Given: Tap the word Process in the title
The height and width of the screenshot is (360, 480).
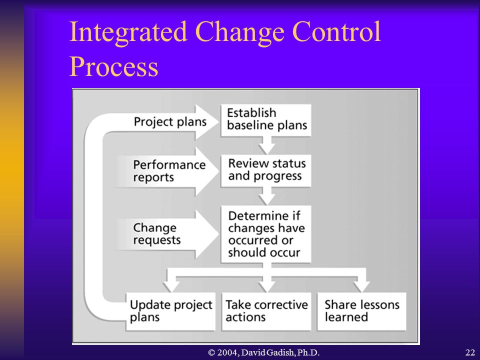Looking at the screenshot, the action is (x=114, y=66).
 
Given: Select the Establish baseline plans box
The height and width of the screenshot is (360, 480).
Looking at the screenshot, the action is (x=265, y=120).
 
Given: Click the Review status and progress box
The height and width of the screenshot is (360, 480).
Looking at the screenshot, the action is (x=265, y=171).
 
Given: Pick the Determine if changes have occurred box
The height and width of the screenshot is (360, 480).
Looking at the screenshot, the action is (x=265, y=234).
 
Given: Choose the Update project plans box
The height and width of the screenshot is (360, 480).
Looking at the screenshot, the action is (x=171, y=311).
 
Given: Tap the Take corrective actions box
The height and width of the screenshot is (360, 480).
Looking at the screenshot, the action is (x=266, y=311).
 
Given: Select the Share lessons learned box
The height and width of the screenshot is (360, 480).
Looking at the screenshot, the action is (x=362, y=311).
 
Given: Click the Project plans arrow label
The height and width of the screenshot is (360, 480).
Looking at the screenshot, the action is (x=170, y=122).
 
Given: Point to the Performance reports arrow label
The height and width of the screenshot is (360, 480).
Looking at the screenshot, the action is (x=169, y=171).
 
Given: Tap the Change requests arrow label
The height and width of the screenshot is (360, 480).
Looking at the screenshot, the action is (x=157, y=233).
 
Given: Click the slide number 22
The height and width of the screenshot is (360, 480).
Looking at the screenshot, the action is (x=470, y=352).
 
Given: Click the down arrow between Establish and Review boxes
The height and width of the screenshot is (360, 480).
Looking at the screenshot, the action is (x=266, y=145).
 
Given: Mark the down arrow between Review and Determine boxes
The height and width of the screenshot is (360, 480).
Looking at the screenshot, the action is (x=266, y=196).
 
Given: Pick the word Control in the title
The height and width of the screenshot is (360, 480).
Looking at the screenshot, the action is (x=336, y=32).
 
